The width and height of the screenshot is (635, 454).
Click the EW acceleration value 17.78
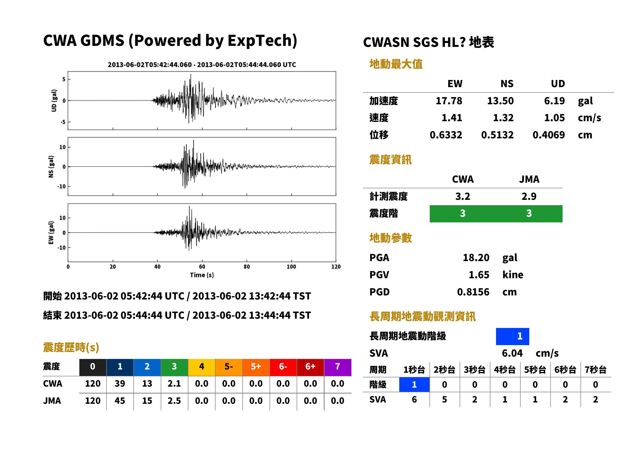coord(448,101)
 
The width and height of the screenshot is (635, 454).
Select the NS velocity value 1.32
coord(503,118)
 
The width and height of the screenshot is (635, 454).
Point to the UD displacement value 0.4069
coord(548,135)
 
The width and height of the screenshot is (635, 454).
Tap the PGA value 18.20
coord(476,258)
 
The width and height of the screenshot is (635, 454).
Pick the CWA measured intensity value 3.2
coord(462,197)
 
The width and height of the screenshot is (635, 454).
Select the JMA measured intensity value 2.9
coord(529,197)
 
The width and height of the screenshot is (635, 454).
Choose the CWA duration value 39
coord(120,384)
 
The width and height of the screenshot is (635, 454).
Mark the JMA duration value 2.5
coord(174,401)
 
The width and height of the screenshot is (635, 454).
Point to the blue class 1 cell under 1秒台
coord(414,385)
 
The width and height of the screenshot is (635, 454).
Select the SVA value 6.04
coord(512,353)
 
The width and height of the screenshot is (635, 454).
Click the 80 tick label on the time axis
coord(246,267)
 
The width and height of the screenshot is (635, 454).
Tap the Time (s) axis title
coord(202,275)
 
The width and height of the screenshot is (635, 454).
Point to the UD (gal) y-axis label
coord(54,101)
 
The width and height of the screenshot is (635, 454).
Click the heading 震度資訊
coord(390,160)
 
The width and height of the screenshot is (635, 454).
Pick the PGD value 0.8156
coord(473,292)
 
